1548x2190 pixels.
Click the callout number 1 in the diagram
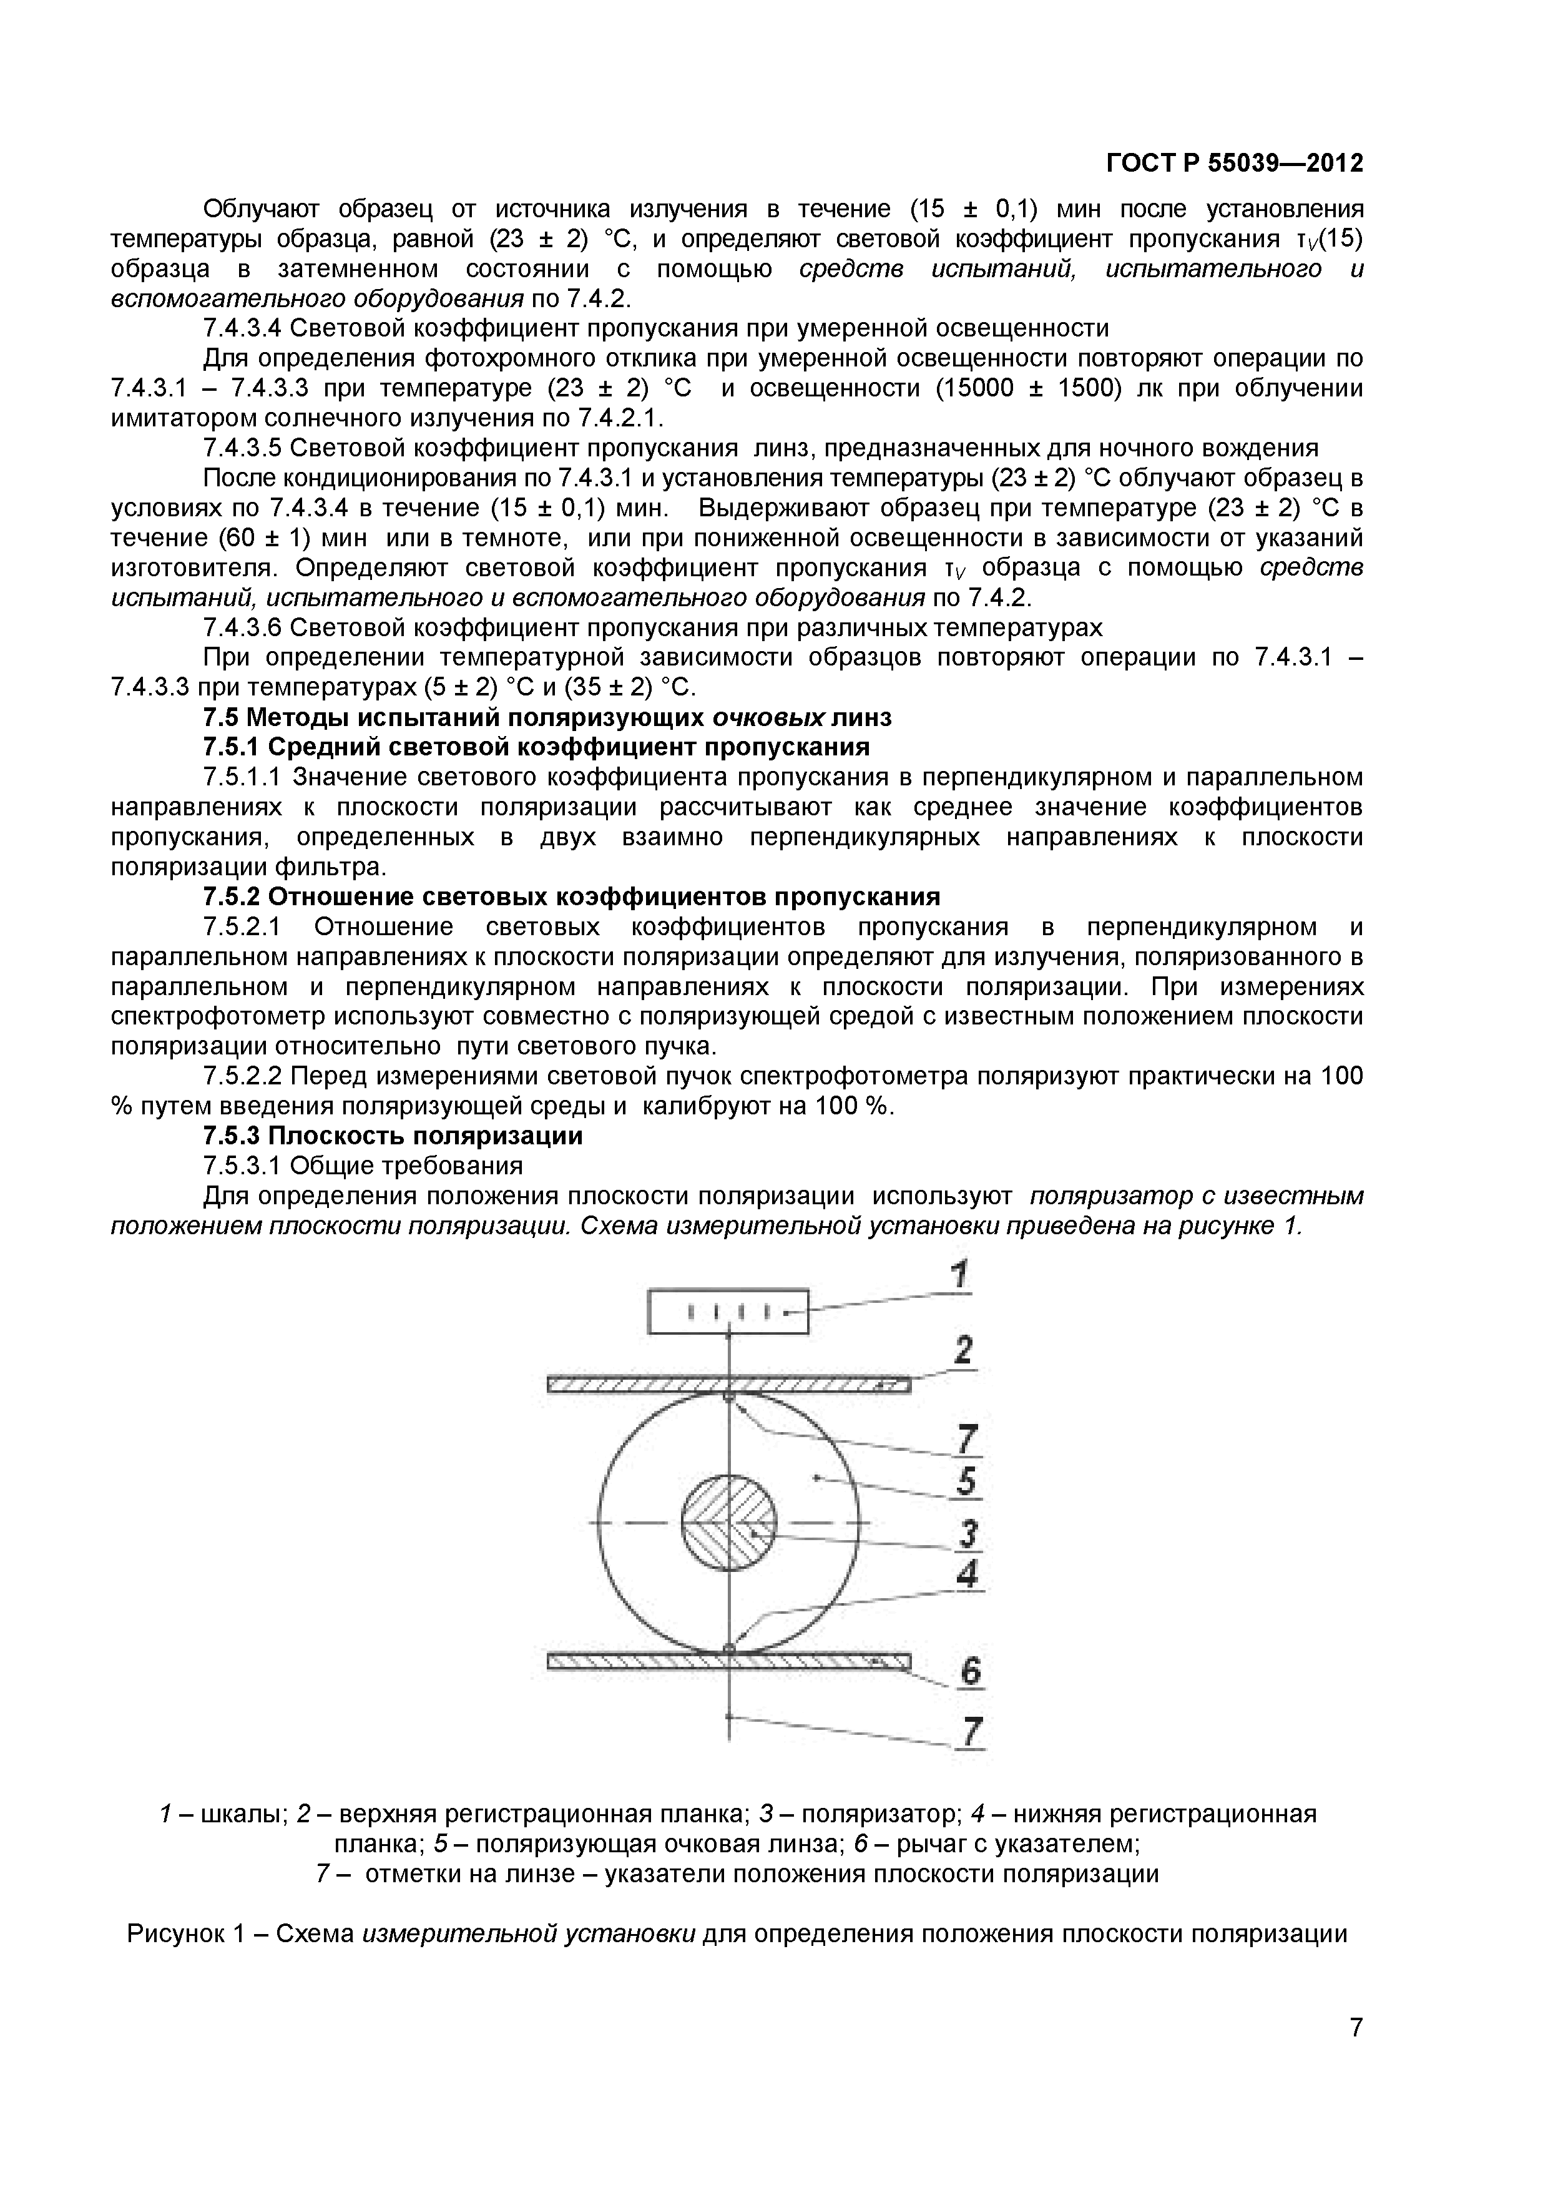pyautogui.click(x=961, y=1276)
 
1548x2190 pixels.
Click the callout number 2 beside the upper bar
pyautogui.click(x=963, y=1352)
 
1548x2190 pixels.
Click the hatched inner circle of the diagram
pyautogui.click(x=728, y=1522)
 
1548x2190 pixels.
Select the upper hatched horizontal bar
pyautogui.click(x=728, y=1384)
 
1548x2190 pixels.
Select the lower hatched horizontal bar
pyautogui.click(x=728, y=1662)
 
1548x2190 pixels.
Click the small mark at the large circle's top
pyautogui.click(x=728, y=1398)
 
